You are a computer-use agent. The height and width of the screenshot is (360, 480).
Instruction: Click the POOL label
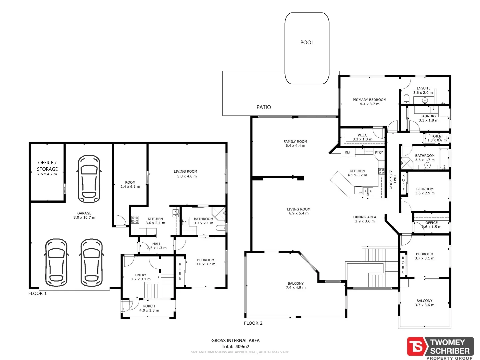pos(307,42)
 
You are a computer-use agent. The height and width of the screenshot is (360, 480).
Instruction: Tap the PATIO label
pos(263,107)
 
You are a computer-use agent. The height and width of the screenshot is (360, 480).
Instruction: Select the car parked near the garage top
pos(89,179)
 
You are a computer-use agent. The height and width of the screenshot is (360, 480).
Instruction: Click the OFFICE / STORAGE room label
pos(47,166)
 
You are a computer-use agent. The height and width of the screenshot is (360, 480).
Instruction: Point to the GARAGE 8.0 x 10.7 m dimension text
pos(84,217)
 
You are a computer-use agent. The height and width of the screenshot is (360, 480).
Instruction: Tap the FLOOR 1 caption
pos(37,293)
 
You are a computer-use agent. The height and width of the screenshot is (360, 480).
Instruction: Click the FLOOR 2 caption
pos(253,323)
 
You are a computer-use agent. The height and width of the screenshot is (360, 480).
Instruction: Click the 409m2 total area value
pos(242,346)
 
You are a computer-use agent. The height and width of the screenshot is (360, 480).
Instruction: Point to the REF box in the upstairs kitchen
pos(348,153)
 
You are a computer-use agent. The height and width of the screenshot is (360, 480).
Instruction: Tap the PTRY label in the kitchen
pos(379,153)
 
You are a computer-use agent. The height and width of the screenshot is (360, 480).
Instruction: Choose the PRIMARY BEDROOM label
pos(369,100)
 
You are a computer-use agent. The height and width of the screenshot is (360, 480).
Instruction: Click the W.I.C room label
pos(362,135)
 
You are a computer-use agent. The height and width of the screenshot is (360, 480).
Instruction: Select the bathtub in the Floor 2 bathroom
pos(444,159)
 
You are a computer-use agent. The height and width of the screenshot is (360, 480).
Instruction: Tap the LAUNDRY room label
pos(428,116)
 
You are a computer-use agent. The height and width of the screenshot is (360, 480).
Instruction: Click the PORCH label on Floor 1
pos(149,306)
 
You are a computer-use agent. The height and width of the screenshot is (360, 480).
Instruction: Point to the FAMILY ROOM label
pos(295,142)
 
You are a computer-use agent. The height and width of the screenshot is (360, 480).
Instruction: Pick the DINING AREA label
pos(364,217)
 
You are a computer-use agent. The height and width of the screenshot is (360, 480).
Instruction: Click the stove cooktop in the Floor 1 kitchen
pos(135,220)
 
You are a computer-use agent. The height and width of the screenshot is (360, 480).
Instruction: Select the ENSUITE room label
pos(423,88)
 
